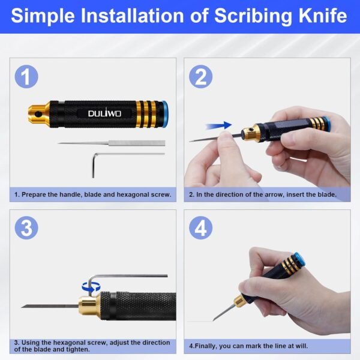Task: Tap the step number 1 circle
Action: [26, 77]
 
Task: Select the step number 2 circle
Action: [200, 77]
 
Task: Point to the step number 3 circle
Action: [26, 228]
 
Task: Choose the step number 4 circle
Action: [200, 228]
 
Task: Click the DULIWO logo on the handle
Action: [104, 113]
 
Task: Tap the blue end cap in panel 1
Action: [165, 113]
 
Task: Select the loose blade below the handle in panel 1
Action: [112, 143]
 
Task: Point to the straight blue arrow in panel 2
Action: [219, 125]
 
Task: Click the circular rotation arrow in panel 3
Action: [91, 287]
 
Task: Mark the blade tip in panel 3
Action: [22, 307]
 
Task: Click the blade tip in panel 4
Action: [214, 320]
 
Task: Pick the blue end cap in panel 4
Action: [299, 259]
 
